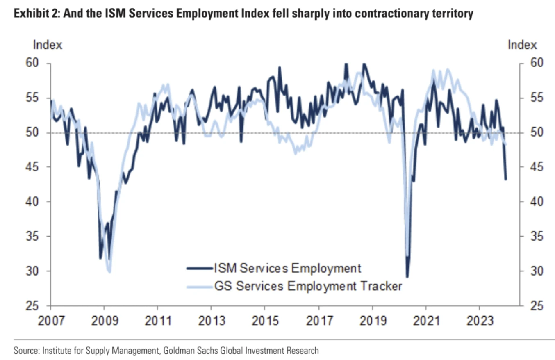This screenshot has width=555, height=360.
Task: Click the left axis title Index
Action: pyautogui.click(x=48, y=45)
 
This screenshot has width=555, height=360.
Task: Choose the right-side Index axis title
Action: pyautogui.click(x=522, y=45)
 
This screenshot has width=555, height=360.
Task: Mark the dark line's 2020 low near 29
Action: pyautogui.click(x=407, y=277)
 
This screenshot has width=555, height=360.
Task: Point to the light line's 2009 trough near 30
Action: pyautogui.click(x=109, y=271)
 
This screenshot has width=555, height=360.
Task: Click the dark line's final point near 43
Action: pyautogui.click(x=505, y=179)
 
